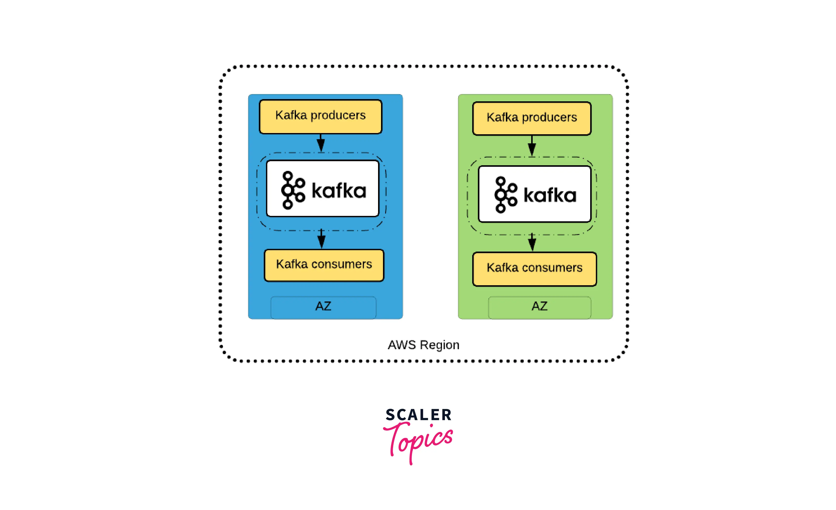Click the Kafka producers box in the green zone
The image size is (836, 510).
532,119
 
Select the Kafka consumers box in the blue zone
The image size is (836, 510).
324,265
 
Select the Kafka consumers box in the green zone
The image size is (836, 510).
535,269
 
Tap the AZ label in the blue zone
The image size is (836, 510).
323,306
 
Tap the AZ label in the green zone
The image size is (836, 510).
540,306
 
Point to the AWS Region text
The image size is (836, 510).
424,345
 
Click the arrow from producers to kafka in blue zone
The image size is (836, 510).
321,143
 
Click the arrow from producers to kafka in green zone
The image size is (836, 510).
532,146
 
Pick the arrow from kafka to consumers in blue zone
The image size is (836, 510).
321,239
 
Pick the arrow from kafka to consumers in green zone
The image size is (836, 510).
532,242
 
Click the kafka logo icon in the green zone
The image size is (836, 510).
506,195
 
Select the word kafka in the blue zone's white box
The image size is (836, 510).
339,191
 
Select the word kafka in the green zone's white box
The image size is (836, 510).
550,195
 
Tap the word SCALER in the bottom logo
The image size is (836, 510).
419,415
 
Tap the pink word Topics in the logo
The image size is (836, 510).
418,442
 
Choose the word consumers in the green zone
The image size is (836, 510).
552,268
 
